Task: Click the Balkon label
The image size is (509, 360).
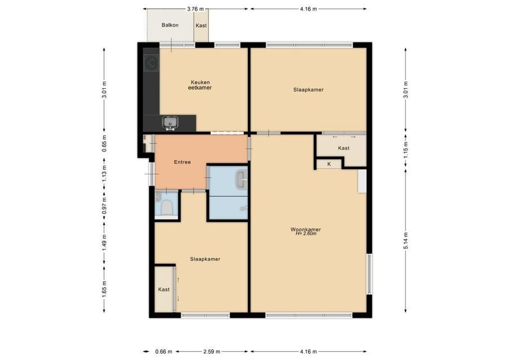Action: click(x=170, y=25)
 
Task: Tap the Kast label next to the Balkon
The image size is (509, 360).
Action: click(x=201, y=26)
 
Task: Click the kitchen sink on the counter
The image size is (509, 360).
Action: click(x=170, y=122)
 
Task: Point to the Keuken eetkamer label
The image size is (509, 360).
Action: click(x=200, y=85)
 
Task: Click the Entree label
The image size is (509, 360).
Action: click(x=182, y=162)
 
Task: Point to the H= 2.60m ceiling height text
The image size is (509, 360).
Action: click(x=306, y=234)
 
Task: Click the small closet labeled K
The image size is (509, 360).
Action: click(x=329, y=164)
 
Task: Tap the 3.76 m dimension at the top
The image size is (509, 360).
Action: click(x=195, y=9)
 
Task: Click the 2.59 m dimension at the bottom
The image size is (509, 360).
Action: click(x=211, y=352)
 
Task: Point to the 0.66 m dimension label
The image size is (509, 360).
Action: click(x=160, y=352)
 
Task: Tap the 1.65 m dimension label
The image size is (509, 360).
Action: click(x=104, y=286)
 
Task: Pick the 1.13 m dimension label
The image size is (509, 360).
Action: click(x=104, y=174)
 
